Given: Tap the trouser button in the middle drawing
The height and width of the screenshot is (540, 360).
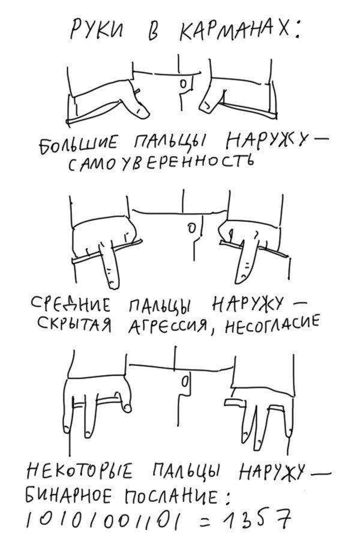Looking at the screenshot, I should pos(190,229).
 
